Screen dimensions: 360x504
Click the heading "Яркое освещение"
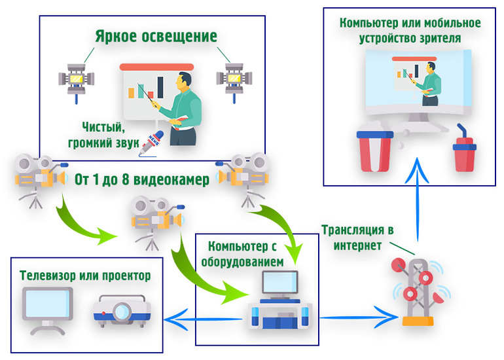click(x=156, y=35)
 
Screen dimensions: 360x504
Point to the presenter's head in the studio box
click(x=184, y=82)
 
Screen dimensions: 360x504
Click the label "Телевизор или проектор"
click(x=85, y=276)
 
